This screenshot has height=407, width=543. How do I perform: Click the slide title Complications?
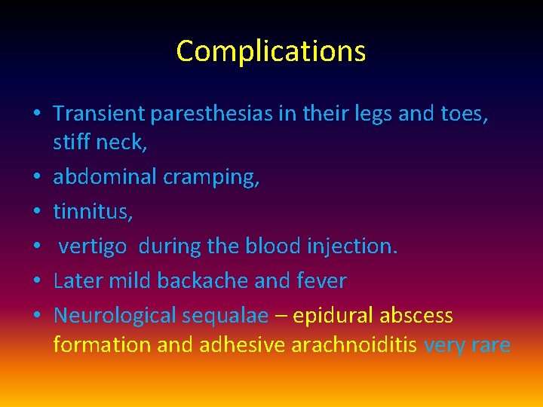click(271, 51)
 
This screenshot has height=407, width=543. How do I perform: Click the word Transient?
click(99, 114)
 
